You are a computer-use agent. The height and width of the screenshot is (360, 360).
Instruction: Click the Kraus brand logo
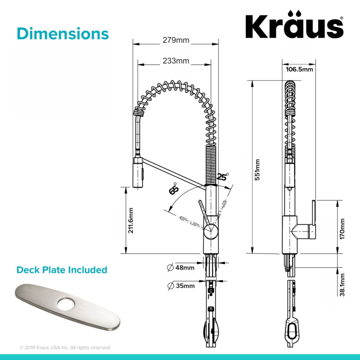(x=294, y=24)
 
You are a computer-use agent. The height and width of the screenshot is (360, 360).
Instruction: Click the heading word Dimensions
(x=63, y=34)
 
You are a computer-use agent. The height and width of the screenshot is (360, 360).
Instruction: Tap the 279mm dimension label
(x=176, y=40)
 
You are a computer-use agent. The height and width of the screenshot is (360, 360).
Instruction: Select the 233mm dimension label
(x=176, y=61)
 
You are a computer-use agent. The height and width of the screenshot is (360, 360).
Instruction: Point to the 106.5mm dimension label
(x=299, y=69)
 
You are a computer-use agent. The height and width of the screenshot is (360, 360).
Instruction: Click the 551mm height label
(x=257, y=169)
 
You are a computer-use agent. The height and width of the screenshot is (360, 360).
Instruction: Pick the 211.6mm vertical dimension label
(x=131, y=220)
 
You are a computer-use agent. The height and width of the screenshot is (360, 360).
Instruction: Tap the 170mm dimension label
(x=342, y=229)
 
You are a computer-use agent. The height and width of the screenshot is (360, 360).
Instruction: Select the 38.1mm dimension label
(x=342, y=285)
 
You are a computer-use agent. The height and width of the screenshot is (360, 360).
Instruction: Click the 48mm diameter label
(x=180, y=268)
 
